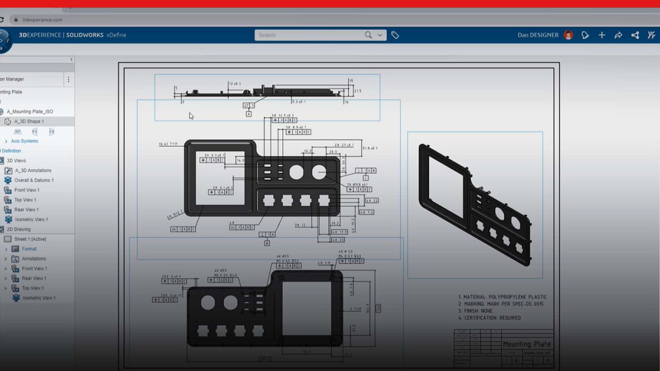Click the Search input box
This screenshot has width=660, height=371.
tap(307, 35)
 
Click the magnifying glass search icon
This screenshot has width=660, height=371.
tap(368, 35)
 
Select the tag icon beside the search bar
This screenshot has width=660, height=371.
tap(395, 35)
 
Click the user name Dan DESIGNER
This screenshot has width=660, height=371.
tap(538, 35)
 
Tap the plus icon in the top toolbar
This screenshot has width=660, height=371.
tap(602, 35)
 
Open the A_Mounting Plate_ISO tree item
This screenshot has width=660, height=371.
tap(30, 112)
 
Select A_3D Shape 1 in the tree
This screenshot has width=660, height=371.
tap(29, 122)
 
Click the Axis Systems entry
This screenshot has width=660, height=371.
tap(25, 141)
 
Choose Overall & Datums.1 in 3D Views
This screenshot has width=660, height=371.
tap(34, 180)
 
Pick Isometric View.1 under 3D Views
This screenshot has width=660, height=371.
tap(31, 220)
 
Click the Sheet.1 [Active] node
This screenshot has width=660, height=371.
tap(30, 239)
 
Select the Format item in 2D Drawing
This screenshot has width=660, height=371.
tap(29, 249)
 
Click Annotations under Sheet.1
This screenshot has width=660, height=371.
tap(34, 259)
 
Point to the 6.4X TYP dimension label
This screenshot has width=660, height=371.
tap(168, 144)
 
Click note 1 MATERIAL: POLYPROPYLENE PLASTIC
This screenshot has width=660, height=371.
tap(502, 297)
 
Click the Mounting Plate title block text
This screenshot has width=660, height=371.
tap(527, 344)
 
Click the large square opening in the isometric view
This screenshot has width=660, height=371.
tap(446, 187)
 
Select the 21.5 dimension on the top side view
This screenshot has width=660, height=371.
tap(357, 91)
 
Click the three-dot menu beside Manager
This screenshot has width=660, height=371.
tap(68, 79)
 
